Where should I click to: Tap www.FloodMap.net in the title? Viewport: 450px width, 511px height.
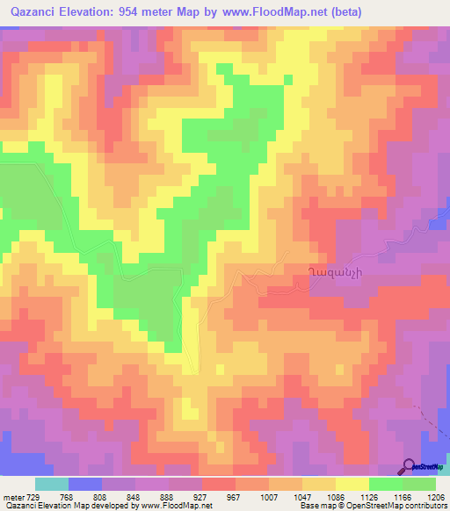coord(285,11)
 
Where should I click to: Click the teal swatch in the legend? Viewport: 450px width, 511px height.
coord(52,484)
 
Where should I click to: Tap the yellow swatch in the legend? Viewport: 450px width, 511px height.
coord(353,484)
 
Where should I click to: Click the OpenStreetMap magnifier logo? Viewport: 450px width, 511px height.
coord(409,466)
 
